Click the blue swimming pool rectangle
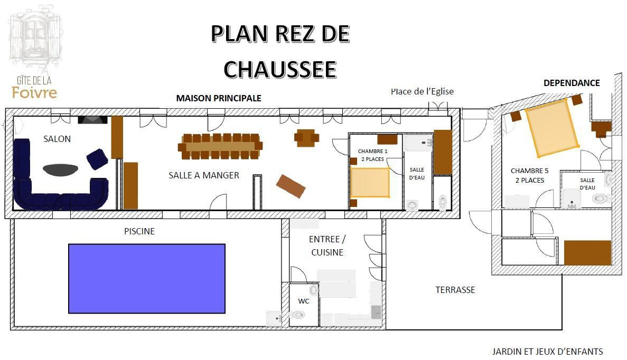[147, 279]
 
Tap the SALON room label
[57, 139]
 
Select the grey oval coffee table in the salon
[60, 169]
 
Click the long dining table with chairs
[220, 146]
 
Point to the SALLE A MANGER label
[203, 175]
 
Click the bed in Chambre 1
[370, 182]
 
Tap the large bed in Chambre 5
[552, 128]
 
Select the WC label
[304, 301]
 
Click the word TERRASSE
[455, 290]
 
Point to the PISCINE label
[139, 231]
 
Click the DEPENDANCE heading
[572, 83]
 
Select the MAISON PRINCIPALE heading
[219, 98]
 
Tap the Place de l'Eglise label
[422, 91]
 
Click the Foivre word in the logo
[34, 93]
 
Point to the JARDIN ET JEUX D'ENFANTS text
[547, 352]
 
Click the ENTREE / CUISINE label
[327, 246]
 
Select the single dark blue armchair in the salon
[97, 159]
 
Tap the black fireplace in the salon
[92, 119]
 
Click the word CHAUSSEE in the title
[280, 70]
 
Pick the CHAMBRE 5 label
[529, 170]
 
